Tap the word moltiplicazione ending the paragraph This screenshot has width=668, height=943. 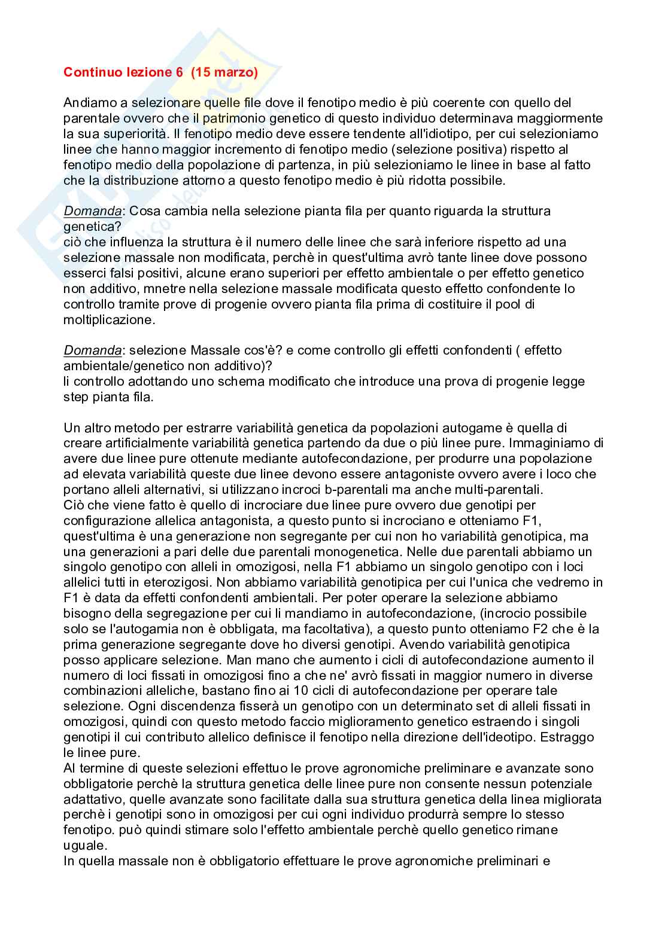108,320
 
